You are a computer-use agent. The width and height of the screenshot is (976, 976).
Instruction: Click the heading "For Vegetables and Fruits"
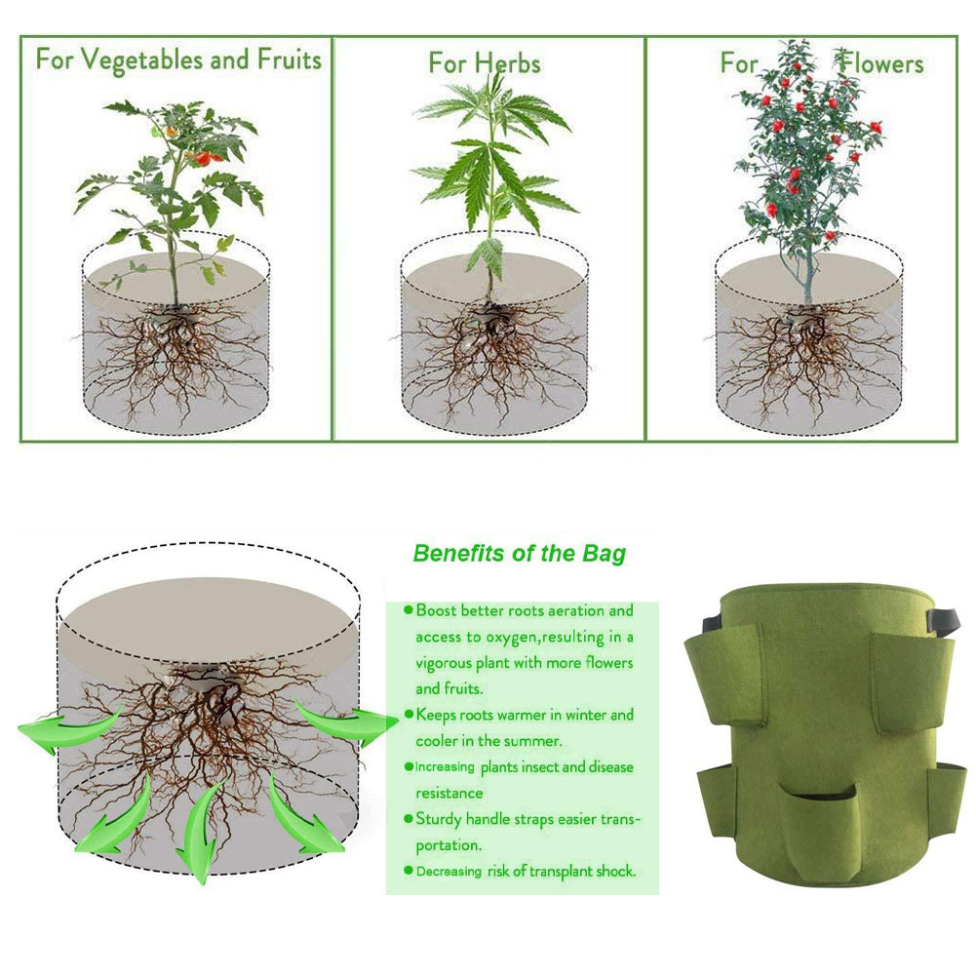pyautogui.click(x=178, y=59)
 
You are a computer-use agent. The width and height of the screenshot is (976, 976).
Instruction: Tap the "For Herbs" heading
pyautogui.click(x=485, y=62)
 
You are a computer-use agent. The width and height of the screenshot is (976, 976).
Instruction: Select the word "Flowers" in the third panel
pyautogui.click(x=880, y=62)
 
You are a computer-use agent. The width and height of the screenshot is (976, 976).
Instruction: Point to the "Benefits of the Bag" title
pyautogui.click(x=519, y=553)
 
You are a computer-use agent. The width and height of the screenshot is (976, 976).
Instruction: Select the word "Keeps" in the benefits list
pyautogui.click(x=436, y=716)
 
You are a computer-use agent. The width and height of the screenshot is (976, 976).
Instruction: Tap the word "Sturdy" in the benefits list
pyautogui.click(x=440, y=819)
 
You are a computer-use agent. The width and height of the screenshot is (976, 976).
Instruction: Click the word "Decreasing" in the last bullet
pyautogui.click(x=449, y=872)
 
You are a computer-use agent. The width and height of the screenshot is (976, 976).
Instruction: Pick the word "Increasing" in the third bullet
pyautogui.click(x=445, y=766)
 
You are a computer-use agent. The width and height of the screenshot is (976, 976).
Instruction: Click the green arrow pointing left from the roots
pyautogui.click(x=68, y=729)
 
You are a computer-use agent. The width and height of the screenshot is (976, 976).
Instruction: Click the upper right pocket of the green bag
pyautogui.click(x=912, y=682)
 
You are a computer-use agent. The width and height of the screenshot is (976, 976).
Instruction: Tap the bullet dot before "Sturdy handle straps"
pyautogui.click(x=409, y=818)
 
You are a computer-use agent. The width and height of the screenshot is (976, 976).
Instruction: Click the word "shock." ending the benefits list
pyautogui.click(x=615, y=871)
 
